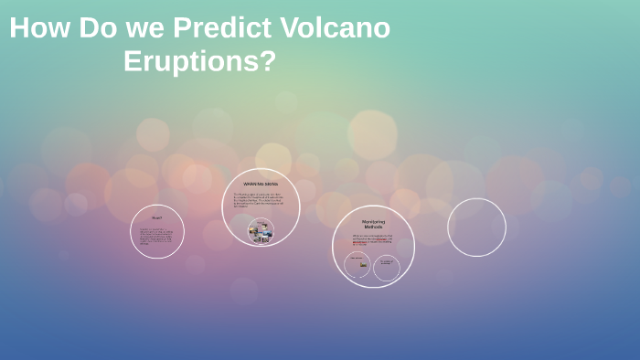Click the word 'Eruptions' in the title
pos(190,61)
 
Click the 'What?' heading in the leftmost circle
pos(157,217)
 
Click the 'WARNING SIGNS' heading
pos(261,185)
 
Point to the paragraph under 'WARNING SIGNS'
pos(260,199)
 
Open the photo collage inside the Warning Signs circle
pos(261,232)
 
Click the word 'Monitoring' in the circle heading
pos(373,221)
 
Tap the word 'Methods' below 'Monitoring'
pos(373,227)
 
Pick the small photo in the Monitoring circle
pos(363,265)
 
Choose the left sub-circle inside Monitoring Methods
pos(357,265)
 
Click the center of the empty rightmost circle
pos(476,228)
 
